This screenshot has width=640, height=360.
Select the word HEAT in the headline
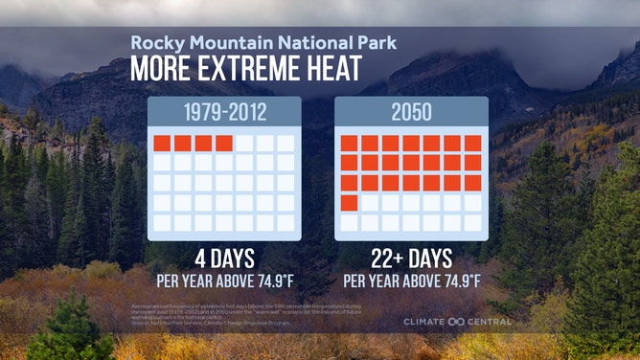coord(332,70)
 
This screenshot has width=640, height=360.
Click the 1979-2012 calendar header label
coord(224,113)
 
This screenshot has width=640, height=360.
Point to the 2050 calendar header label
coord(411,113)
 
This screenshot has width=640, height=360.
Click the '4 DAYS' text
coord(224,260)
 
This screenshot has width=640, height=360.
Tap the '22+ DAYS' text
coord(411,260)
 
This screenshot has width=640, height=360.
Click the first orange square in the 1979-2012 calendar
coord(162,144)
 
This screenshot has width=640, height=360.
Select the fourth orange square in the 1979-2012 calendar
coord(224,144)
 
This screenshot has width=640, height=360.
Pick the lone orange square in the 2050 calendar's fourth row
coord(350,202)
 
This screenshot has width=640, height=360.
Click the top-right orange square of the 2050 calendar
coord(473,144)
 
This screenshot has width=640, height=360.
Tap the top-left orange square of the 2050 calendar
coord(350,144)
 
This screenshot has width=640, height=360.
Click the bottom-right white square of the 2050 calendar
coord(473,222)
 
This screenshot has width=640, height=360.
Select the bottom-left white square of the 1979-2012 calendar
coord(162,222)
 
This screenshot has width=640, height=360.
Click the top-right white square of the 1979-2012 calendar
coord(286,144)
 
